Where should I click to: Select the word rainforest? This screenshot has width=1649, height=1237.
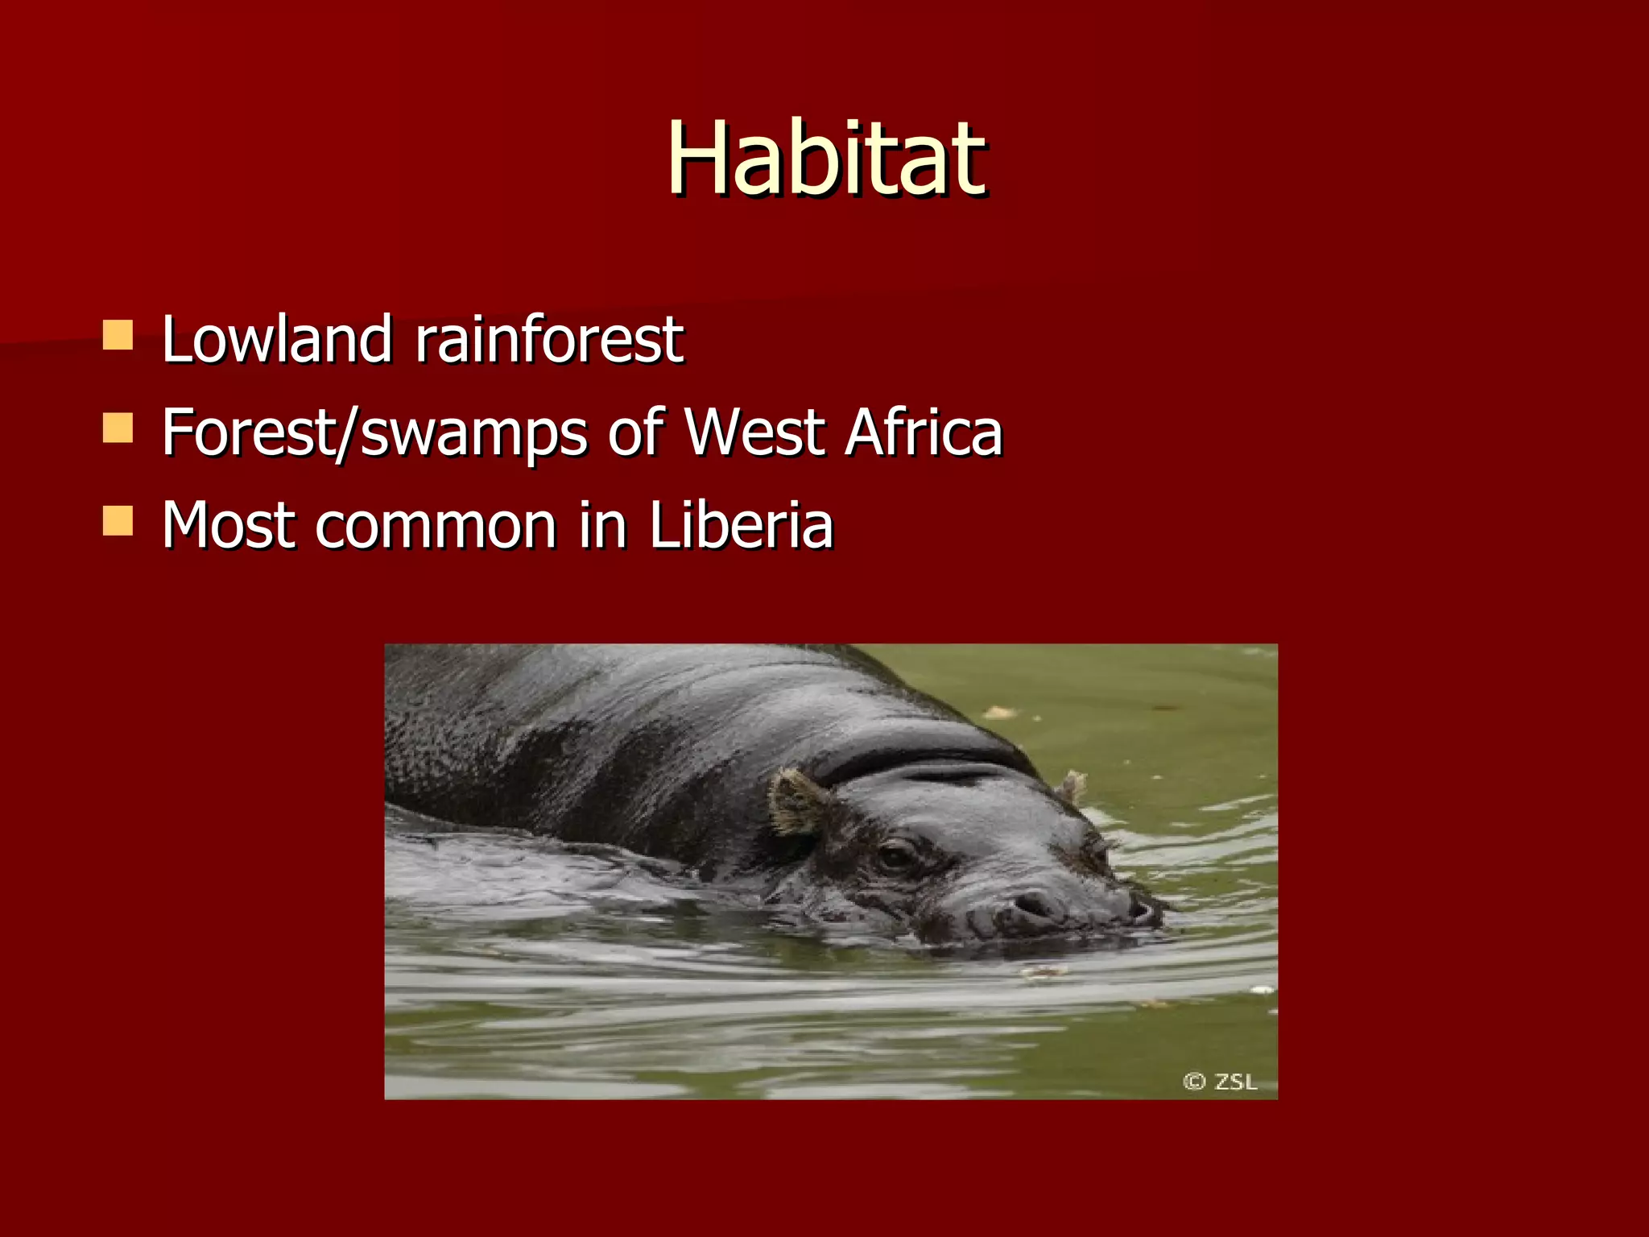click(x=549, y=339)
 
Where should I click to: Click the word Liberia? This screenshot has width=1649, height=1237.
click(x=741, y=525)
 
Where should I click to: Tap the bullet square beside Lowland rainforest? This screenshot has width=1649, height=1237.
click(x=118, y=335)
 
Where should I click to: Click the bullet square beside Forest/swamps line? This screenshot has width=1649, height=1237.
click(x=118, y=428)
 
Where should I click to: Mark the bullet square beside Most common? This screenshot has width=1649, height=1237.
click(x=118, y=521)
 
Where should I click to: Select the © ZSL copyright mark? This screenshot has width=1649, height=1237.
click(x=1220, y=1081)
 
